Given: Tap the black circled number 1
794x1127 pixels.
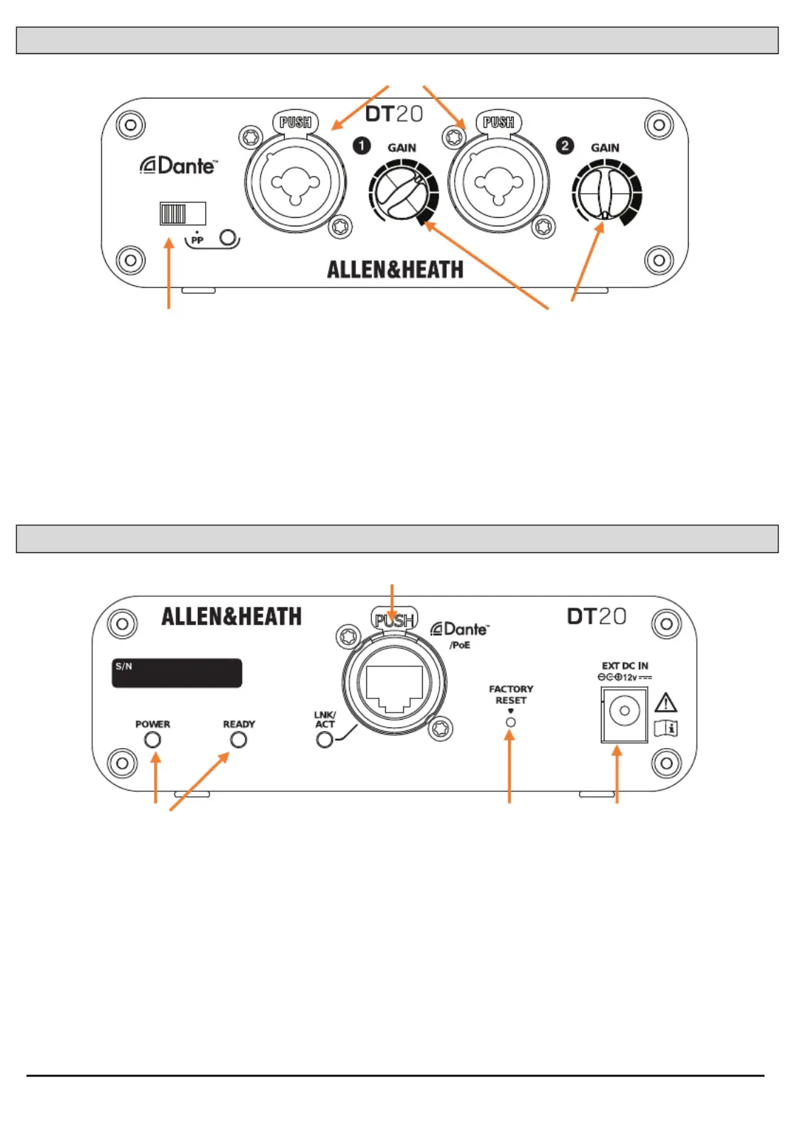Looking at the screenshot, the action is point(361,145).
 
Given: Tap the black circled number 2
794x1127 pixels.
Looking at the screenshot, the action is point(565,145).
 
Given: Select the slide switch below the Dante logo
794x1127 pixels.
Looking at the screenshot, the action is point(182,214).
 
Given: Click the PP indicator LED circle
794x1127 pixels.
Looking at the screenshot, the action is point(228,236).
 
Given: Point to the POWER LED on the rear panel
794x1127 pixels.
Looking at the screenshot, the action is point(153,740).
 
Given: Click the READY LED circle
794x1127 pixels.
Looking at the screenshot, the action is point(238,740).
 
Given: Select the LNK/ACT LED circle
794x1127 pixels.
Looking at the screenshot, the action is point(324,740).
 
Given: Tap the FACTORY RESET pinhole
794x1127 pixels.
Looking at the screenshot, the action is point(511,722).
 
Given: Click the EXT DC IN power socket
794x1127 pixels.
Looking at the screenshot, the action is point(624,715).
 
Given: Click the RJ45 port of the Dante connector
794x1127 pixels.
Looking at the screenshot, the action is point(395,688).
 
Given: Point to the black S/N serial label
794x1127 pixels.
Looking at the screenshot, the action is point(177,673).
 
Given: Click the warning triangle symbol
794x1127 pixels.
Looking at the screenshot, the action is point(666,703).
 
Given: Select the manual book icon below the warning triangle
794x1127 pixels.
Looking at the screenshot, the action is point(666,728).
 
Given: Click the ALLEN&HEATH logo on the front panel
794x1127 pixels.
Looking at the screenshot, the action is point(395,270).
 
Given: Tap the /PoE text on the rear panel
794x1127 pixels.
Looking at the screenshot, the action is point(459,645).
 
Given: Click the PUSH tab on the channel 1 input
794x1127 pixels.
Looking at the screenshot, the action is point(295,122).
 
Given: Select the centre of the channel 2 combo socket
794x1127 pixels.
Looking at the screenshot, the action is point(499,184).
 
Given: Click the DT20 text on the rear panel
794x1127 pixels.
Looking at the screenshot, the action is point(597,616).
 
